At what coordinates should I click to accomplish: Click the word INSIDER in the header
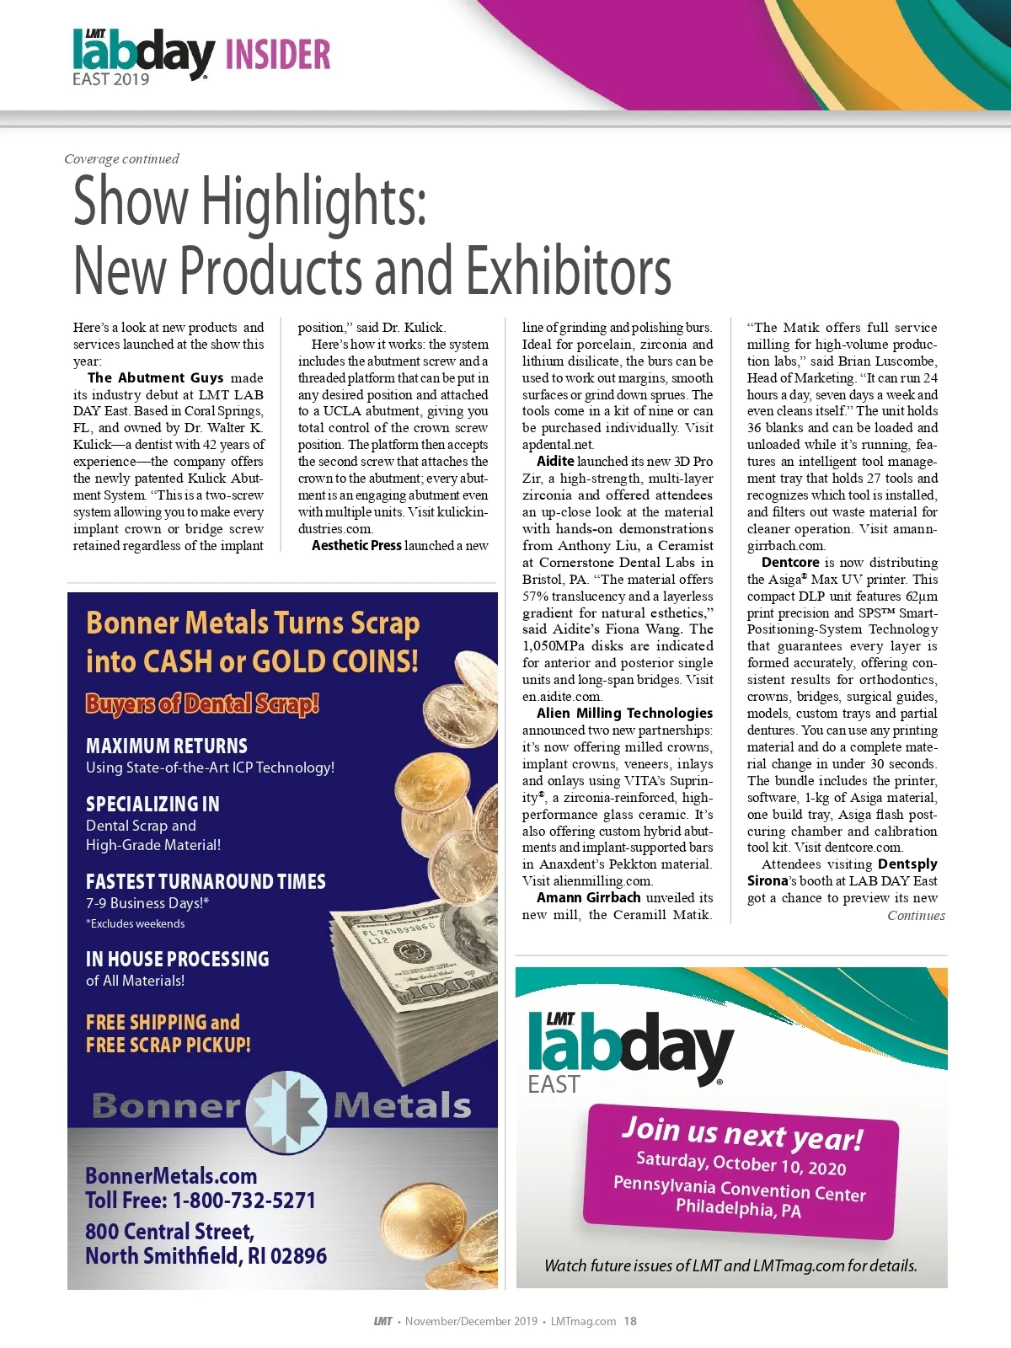click(x=278, y=55)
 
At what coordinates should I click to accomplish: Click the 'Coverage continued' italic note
click(x=121, y=158)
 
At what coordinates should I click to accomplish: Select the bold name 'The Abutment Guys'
click(x=155, y=377)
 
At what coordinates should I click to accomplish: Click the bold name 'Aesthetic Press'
click(x=356, y=545)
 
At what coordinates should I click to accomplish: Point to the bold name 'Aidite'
click(x=555, y=461)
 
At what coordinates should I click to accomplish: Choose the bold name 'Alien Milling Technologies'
click(x=624, y=713)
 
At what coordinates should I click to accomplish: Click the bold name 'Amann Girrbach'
click(x=588, y=897)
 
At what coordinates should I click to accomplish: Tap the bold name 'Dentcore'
click(x=790, y=562)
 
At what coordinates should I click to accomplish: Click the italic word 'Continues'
click(x=916, y=916)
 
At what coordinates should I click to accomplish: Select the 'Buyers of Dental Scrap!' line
click(x=202, y=703)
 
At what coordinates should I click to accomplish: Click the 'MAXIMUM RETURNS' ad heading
click(x=167, y=746)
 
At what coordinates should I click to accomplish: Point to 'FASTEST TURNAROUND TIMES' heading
click(x=206, y=881)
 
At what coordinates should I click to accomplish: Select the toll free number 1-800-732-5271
click(x=243, y=1201)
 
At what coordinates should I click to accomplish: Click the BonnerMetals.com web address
click(x=171, y=1176)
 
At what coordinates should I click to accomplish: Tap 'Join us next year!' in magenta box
click(x=741, y=1134)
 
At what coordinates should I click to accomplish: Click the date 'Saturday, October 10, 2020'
click(x=741, y=1163)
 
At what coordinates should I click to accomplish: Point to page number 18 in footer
click(x=630, y=1321)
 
